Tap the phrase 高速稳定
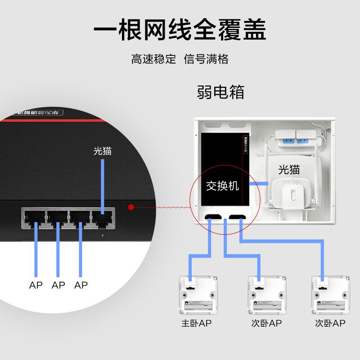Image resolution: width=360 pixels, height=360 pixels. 153,59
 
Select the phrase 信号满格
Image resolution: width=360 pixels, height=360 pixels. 206,59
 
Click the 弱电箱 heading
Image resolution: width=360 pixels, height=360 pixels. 220,92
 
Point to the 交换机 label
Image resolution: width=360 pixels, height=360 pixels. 222,186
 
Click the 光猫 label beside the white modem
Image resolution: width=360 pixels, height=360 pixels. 289,170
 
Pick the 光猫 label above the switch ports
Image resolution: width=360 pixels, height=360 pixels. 103,151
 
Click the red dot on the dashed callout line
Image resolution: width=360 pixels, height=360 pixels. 131,207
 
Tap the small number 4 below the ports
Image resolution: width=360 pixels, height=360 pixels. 103,236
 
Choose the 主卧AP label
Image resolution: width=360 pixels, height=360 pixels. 197,323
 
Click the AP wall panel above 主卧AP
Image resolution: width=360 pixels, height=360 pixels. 198,295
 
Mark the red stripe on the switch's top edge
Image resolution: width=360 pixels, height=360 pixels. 54,121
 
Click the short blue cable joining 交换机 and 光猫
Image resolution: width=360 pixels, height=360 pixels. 260,184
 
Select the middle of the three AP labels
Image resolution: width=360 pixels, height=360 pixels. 58,285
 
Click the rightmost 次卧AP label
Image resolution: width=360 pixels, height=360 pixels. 330,323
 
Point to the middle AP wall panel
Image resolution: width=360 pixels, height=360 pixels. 266,295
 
